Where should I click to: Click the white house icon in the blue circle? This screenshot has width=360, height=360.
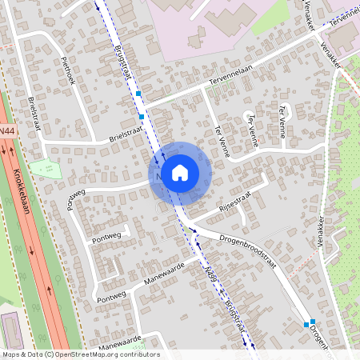pos(180,172)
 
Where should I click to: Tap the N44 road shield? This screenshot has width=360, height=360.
pos(6,130)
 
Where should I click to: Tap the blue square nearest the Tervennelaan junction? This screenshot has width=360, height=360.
pos(138,94)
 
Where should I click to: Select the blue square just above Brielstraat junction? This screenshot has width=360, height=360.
pos(142,118)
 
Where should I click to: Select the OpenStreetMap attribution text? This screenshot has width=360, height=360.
pos(80,354)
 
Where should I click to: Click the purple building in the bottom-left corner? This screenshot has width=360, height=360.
pos(11,330)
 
